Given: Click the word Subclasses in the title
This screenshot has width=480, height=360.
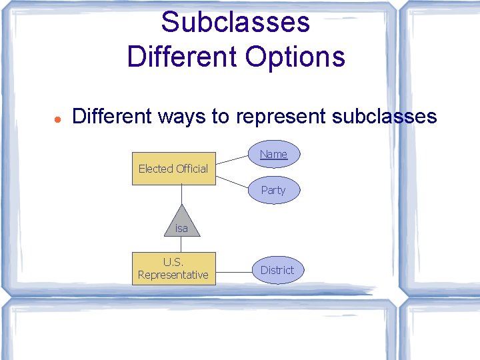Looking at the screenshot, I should (235, 21).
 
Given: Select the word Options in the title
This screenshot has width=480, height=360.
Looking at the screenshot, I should (295, 56).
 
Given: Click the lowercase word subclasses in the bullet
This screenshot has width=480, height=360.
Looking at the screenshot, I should (384, 117).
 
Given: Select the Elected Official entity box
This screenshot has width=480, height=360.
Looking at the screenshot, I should (173, 169).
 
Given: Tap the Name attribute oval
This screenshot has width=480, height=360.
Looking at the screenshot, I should (273, 154).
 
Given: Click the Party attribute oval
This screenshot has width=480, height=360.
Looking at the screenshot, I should (273, 190).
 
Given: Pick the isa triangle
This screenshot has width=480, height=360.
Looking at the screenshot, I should (181, 223).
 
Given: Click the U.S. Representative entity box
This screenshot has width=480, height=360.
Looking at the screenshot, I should (173, 269).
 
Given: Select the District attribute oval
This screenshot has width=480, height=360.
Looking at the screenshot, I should (277, 270).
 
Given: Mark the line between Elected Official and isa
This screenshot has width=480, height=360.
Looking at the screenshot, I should (181, 194).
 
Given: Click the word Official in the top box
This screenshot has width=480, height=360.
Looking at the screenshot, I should (192, 169).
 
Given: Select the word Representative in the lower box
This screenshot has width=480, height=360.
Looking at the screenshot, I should (173, 275).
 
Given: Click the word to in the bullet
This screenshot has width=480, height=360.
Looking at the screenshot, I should (221, 117).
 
